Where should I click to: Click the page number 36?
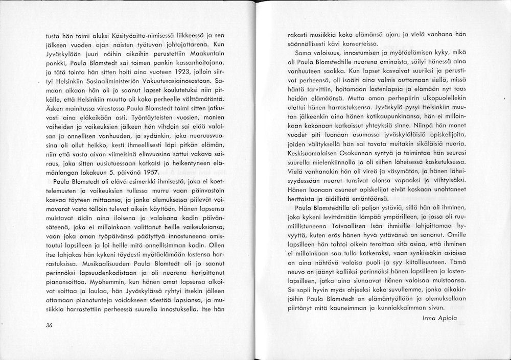click(49, 327)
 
